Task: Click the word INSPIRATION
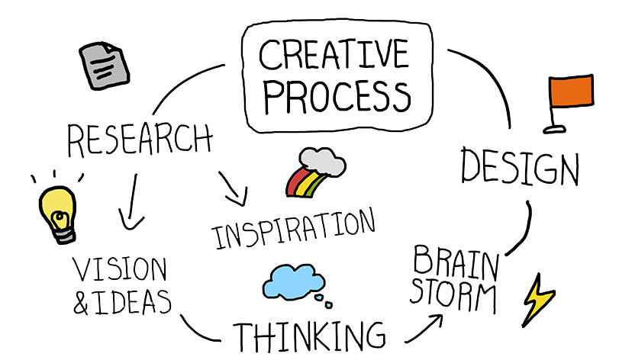[x=295, y=229]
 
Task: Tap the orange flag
[x=572, y=92]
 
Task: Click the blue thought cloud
[x=292, y=282]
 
